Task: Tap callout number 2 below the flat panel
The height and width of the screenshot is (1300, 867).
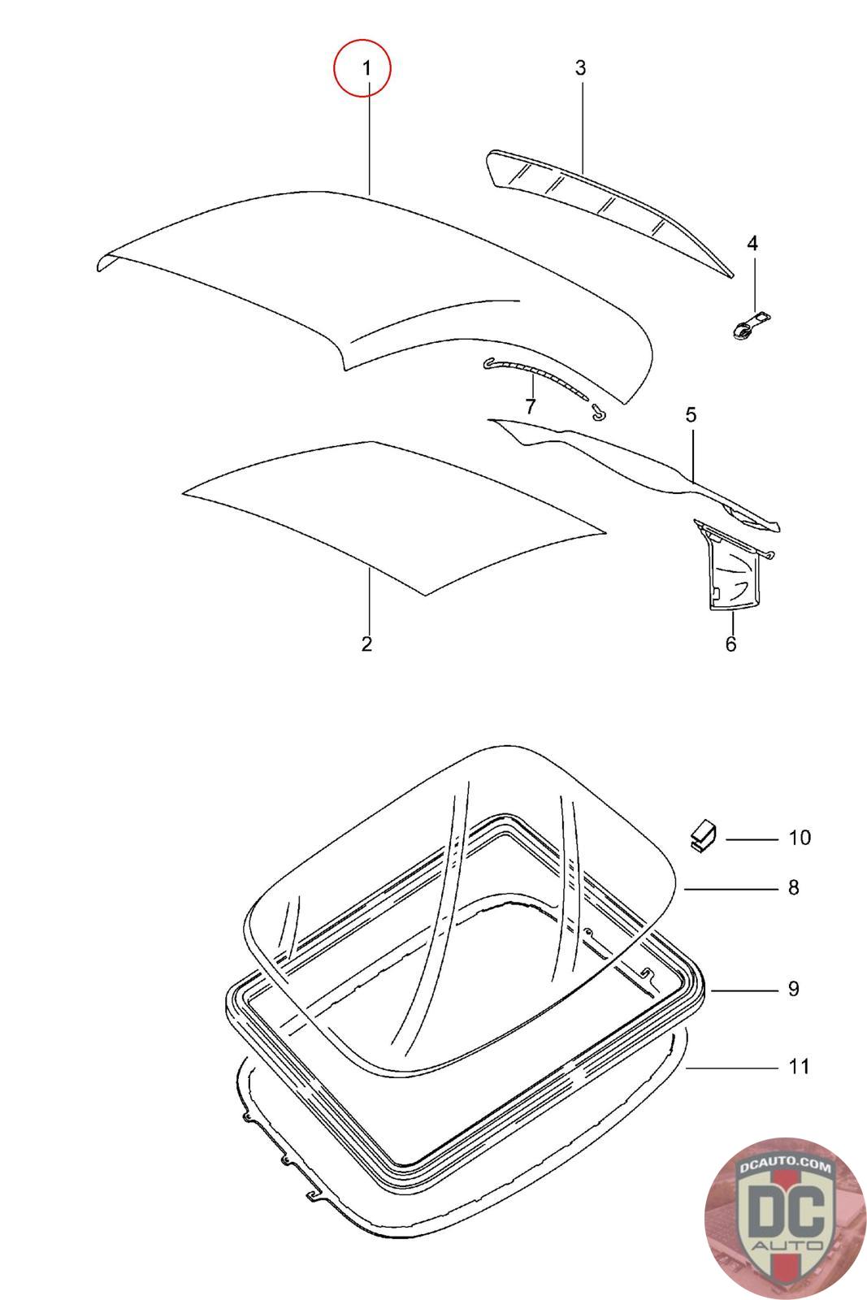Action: tap(366, 644)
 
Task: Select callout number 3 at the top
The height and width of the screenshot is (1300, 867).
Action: tap(580, 68)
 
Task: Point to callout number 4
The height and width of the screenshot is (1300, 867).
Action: tap(752, 243)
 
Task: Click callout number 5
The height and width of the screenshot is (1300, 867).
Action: tap(691, 415)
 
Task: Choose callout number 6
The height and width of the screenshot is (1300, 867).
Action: tap(730, 644)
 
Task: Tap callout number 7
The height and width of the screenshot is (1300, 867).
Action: tap(531, 405)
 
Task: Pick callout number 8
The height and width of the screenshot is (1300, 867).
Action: tap(794, 887)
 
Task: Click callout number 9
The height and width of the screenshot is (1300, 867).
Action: tap(794, 989)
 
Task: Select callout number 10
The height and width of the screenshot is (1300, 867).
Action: tap(800, 838)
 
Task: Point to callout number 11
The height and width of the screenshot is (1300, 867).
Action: tap(800, 1066)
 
